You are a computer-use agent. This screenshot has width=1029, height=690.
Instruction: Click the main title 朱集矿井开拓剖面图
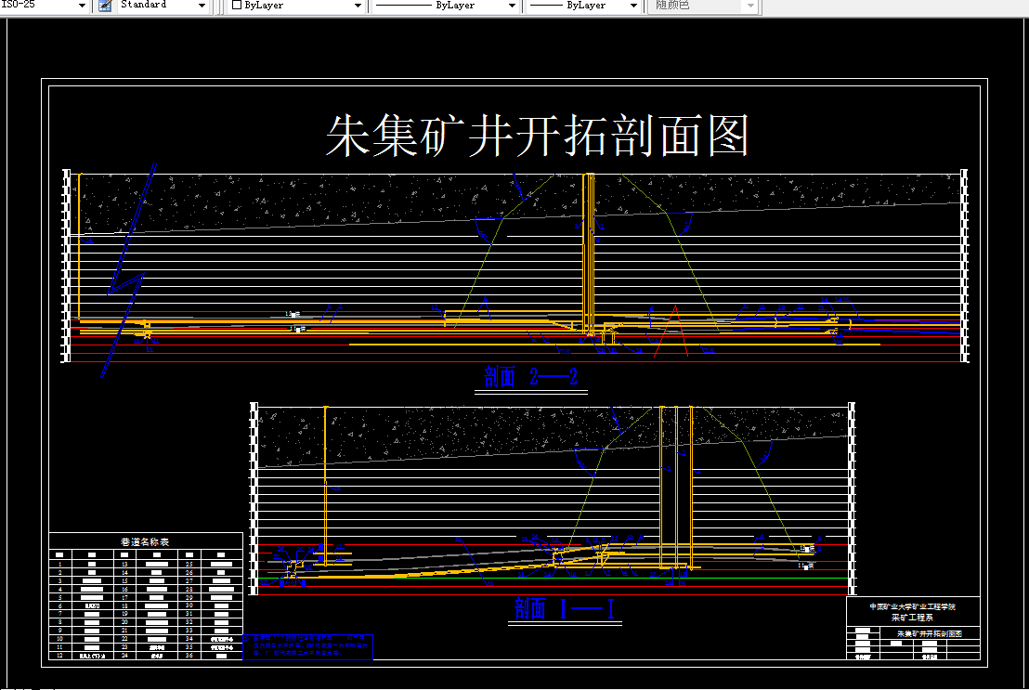pos(537,137)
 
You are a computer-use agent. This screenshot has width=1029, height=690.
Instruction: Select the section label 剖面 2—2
pos(531,377)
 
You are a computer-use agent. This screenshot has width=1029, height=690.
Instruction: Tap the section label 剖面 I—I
pos(566,609)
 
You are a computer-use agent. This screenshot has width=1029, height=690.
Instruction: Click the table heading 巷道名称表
pos(145,541)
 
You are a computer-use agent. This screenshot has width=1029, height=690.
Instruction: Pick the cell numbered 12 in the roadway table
pos(59,656)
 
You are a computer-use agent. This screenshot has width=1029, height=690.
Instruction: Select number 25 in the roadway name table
pos(189,564)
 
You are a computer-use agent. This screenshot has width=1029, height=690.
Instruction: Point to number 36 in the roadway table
pos(189,656)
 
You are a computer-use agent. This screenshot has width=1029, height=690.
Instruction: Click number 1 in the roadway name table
pos(59,564)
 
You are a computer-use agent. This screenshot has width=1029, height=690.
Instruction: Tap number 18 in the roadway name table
pos(124,605)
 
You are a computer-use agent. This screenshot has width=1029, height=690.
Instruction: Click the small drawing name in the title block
pos(928,633)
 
